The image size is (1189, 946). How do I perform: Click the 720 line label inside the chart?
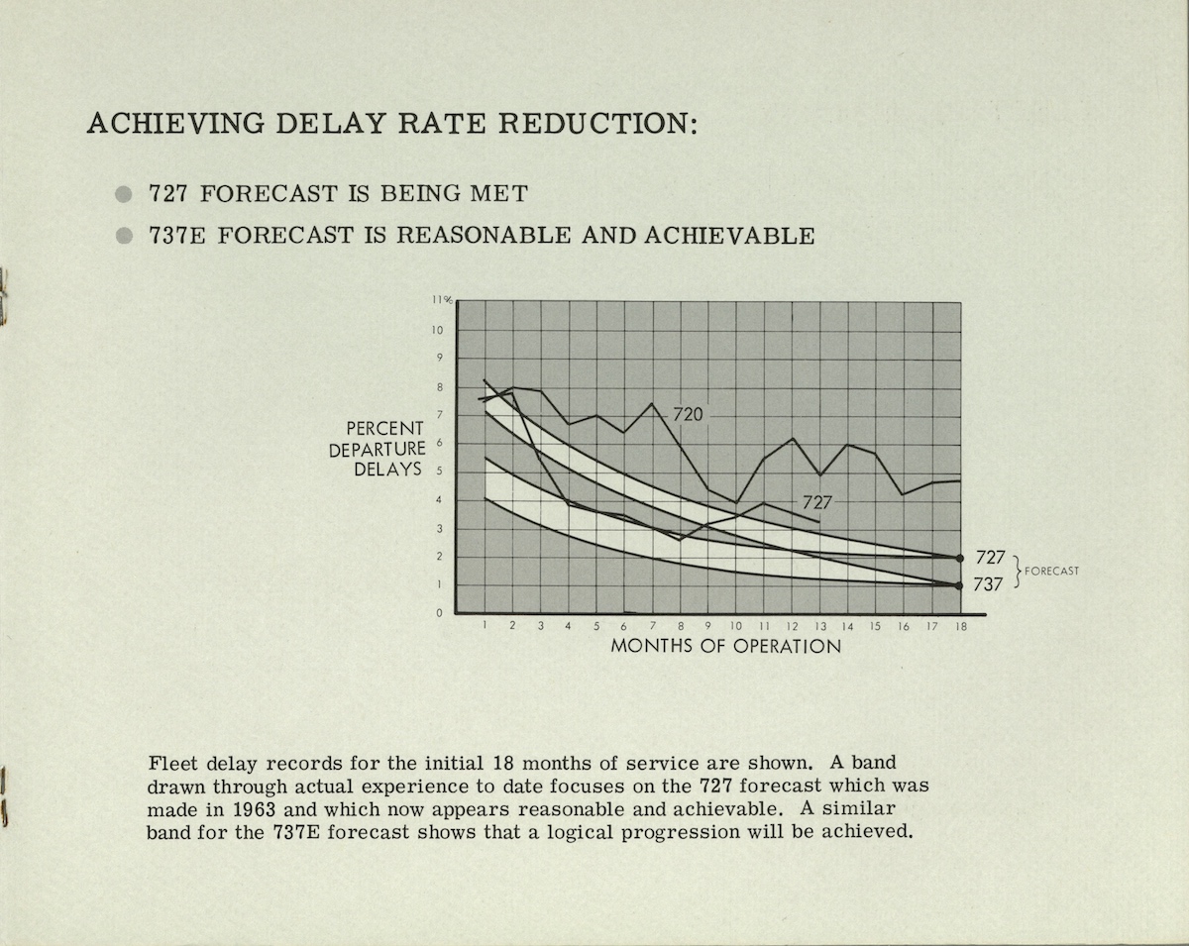tap(688, 414)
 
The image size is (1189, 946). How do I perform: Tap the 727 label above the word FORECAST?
tap(990, 557)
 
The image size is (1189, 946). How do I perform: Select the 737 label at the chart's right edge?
tap(988, 584)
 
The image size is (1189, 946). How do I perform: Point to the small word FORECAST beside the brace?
tap(1051, 572)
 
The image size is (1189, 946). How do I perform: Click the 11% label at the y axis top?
tap(441, 300)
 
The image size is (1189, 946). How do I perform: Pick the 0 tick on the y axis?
tap(439, 613)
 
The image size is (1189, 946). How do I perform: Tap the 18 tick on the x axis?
tap(959, 626)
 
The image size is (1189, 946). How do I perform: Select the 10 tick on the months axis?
tap(735, 626)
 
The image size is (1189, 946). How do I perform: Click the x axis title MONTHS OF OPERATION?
tap(725, 646)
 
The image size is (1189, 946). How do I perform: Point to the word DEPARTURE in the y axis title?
tap(377, 449)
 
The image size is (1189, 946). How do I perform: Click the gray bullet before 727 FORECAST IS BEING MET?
tap(124, 194)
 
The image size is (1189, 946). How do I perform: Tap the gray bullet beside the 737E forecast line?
tap(124, 236)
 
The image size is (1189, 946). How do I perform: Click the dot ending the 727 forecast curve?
tap(959, 558)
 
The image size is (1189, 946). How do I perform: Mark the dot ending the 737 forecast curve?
tap(959, 585)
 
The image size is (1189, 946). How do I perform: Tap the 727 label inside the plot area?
tap(816, 502)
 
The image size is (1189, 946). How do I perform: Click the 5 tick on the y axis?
tap(439, 472)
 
